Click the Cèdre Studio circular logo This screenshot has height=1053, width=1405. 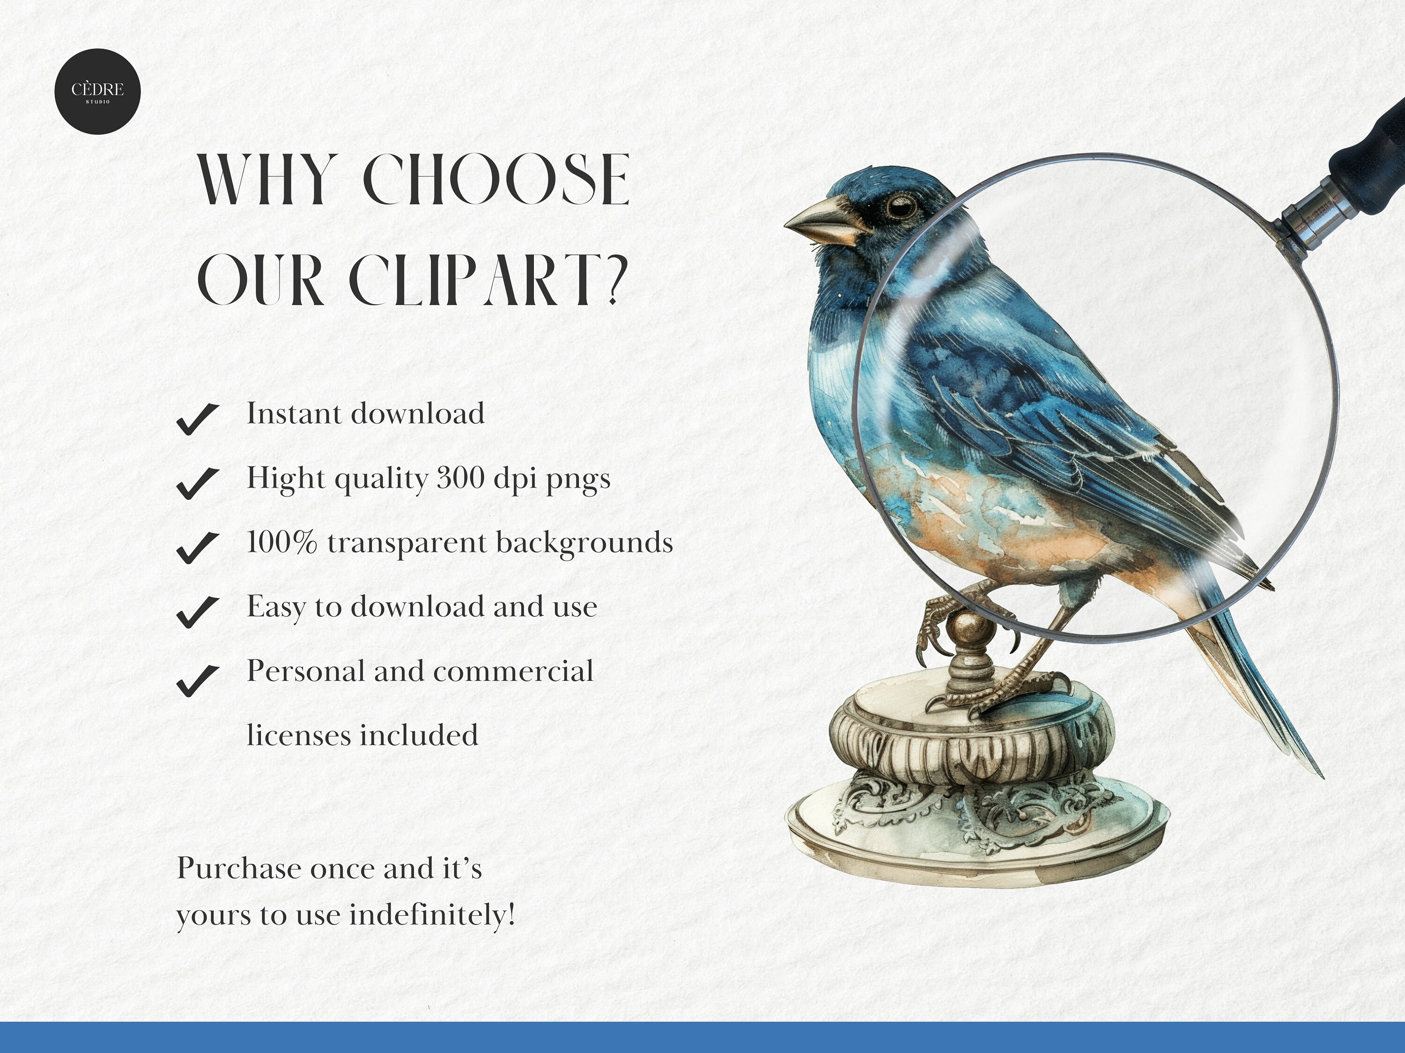(x=97, y=91)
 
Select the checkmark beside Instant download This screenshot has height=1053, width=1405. (x=198, y=419)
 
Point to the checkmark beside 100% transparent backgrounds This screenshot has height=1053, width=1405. (x=198, y=547)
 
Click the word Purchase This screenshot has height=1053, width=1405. (x=239, y=868)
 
